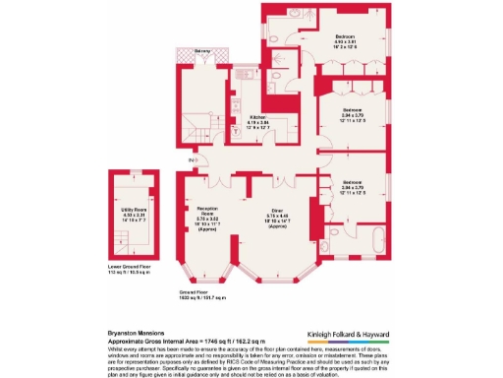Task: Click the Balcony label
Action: click(x=202, y=49)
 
